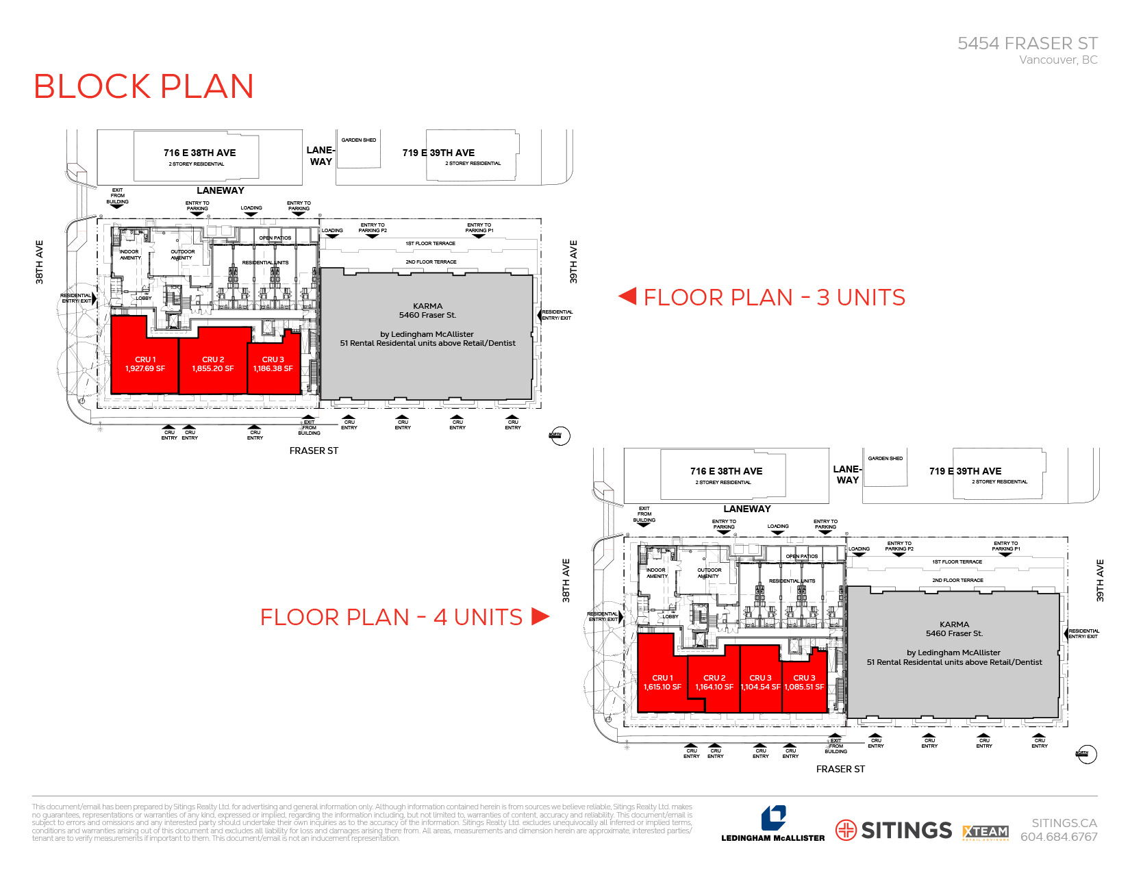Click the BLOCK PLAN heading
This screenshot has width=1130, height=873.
(x=143, y=87)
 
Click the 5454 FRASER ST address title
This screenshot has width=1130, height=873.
(x=1027, y=44)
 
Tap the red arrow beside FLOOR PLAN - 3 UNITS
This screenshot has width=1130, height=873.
(x=627, y=296)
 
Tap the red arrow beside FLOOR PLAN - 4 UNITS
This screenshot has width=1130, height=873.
(x=540, y=616)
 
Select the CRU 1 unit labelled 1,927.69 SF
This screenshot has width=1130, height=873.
(x=145, y=364)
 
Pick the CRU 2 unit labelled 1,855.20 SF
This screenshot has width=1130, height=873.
(x=212, y=364)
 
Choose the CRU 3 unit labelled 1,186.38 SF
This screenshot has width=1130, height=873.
(x=273, y=364)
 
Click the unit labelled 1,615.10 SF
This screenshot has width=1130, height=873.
(x=662, y=683)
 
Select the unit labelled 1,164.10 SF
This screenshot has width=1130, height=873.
(x=714, y=683)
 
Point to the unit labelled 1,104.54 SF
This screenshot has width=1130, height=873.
(x=760, y=683)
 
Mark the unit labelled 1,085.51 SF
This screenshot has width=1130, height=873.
(x=804, y=683)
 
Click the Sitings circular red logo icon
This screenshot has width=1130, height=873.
(x=846, y=830)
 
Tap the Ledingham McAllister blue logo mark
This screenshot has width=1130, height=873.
(x=773, y=818)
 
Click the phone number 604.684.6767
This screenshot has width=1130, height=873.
(x=1059, y=837)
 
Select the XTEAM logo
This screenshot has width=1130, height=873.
(x=985, y=832)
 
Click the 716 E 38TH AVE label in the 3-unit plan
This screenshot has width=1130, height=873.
(x=199, y=153)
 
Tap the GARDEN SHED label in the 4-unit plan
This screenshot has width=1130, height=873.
(x=885, y=458)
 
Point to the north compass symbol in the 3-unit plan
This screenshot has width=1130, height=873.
(x=560, y=436)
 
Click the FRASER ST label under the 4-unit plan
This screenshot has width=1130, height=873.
(x=840, y=769)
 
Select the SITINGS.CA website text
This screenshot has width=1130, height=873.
(x=1064, y=823)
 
